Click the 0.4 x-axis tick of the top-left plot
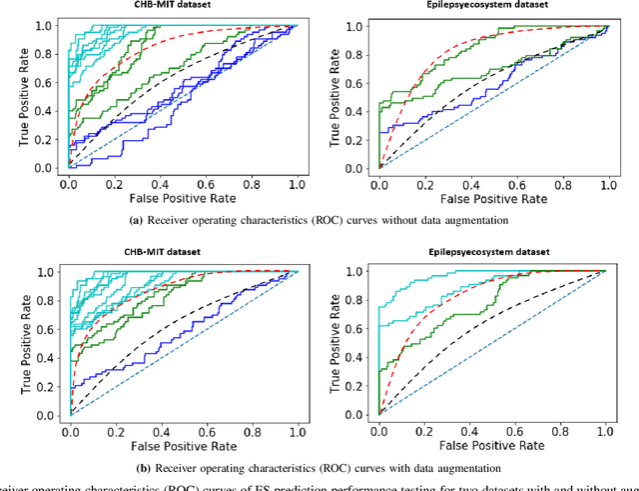point(160,185)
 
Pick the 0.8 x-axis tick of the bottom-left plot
point(253,432)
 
